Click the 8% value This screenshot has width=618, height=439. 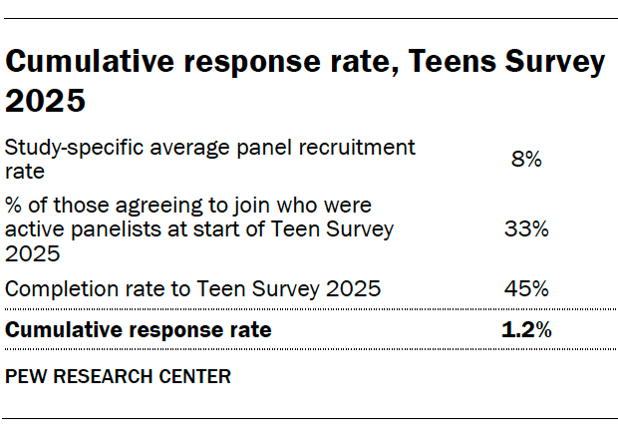[x=525, y=158]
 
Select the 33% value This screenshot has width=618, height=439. [x=525, y=228]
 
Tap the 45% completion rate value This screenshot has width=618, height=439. [x=525, y=289]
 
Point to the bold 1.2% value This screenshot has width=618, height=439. [x=525, y=330]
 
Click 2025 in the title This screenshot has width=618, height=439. [x=45, y=101]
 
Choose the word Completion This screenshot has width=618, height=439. [x=56, y=289]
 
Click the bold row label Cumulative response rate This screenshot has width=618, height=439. [x=138, y=330]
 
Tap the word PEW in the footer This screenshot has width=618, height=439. [x=25, y=377]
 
